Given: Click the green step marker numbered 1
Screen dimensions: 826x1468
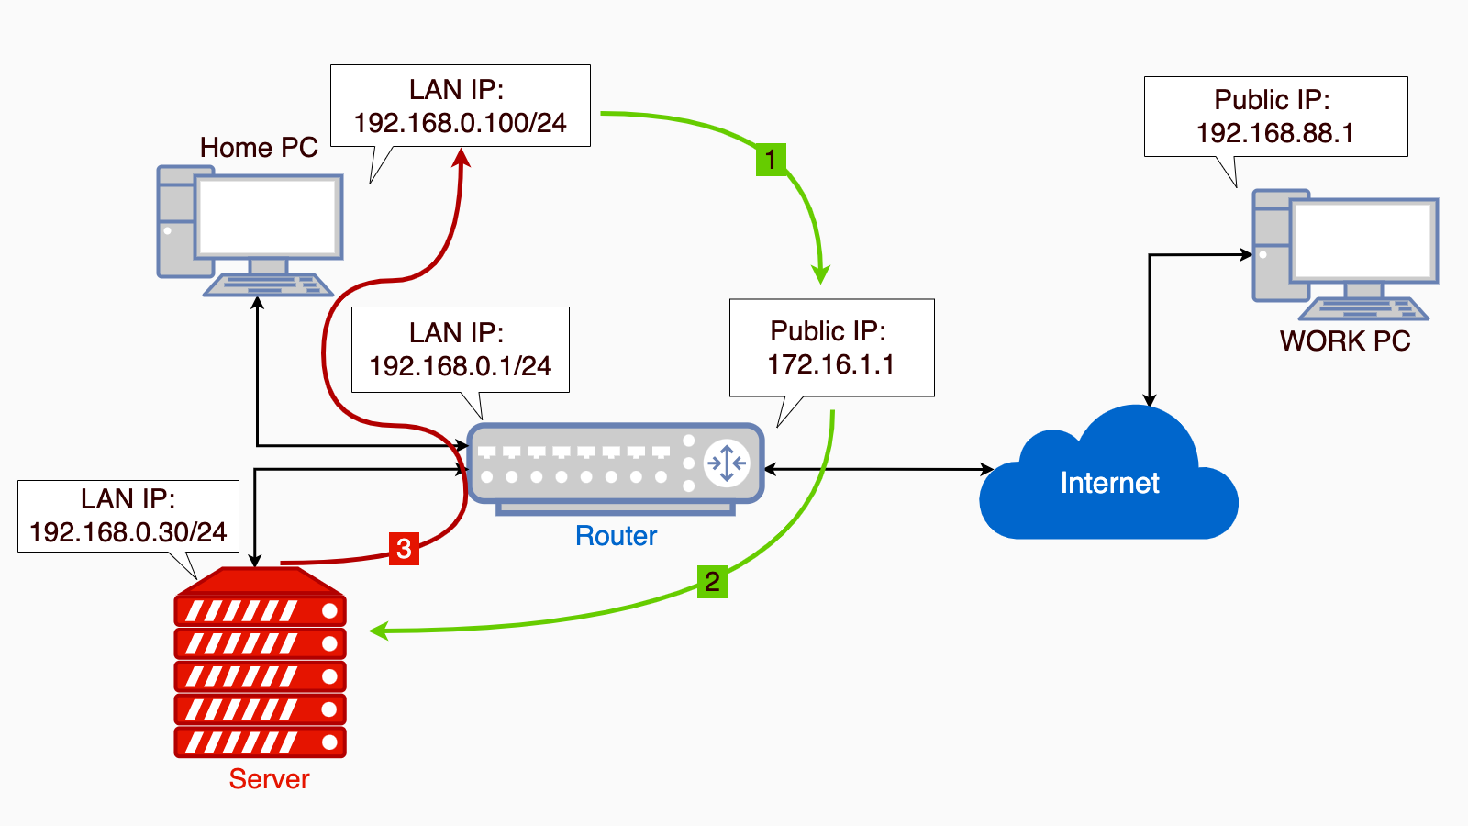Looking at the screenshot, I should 771,160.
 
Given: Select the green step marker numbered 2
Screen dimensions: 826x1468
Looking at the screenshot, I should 712,582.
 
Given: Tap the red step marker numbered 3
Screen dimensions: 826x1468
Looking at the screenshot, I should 404,549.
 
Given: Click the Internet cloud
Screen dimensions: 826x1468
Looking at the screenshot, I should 1108,483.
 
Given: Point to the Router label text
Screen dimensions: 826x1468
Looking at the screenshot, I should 616,536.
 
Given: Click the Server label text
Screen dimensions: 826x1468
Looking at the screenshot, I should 269,779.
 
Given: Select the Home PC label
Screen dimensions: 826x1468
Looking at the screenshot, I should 259,148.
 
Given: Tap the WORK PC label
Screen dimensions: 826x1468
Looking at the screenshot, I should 1345,341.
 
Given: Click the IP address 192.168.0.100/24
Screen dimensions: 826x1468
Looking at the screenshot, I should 460,123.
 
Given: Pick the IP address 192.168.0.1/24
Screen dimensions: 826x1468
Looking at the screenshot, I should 460,366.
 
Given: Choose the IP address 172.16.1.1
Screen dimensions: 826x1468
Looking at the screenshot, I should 830,364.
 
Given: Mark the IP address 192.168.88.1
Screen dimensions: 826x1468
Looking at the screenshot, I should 1274,133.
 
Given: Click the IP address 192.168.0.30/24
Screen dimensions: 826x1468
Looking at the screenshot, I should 128,532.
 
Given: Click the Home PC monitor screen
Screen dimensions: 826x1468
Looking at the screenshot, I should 268,217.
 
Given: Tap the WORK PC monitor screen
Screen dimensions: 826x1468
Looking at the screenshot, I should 1363,240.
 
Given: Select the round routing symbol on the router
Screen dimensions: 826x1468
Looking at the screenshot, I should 727,463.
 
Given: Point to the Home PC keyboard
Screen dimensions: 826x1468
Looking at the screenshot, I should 268,285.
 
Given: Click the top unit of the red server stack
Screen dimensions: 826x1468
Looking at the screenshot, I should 260,610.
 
